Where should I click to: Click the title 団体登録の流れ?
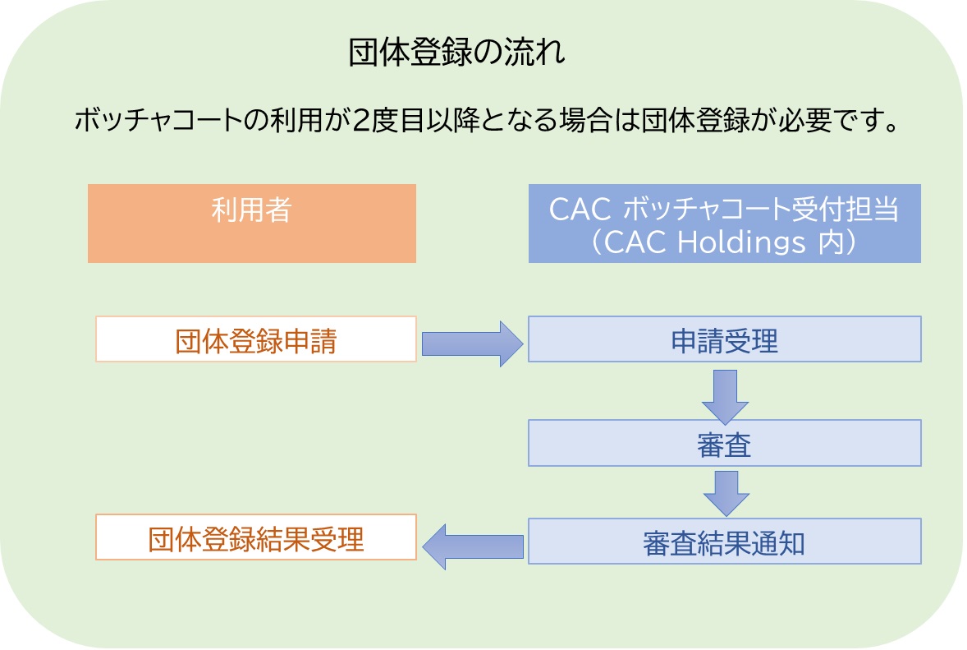(x=457, y=54)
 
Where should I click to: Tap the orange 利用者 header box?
(x=251, y=223)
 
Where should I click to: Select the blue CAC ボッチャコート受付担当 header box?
(x=724, y=223)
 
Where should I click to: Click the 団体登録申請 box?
(x=256, y=339)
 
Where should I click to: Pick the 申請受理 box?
(x=724, y=339)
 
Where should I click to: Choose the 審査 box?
(x=724, y=443)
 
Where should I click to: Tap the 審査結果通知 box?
(x=724, y=541)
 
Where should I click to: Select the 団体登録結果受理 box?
(x=256, y=537)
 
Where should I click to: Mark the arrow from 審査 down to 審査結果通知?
(x=725, y=491)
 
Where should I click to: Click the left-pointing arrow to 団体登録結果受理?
(x=473, y=546)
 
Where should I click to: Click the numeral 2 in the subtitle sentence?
(x=362, y=122)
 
